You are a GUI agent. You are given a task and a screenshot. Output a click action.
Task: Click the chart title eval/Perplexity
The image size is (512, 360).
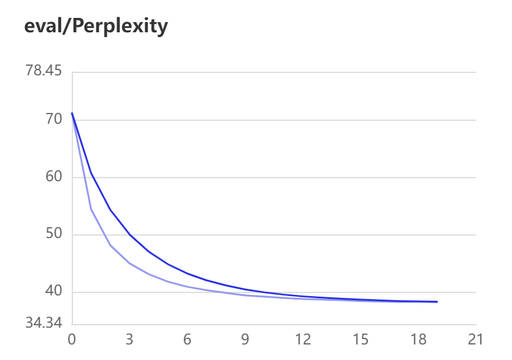(x=96, y=26)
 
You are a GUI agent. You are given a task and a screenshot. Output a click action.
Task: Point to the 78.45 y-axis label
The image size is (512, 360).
(x=44, y=71)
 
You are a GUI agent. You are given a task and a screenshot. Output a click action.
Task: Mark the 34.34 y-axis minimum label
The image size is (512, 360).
(x=44, y=324)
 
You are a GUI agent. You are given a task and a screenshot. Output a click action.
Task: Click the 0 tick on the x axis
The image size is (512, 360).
(x=72, y=340)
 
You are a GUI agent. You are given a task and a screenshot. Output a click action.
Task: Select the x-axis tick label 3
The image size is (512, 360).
(x=130, y=340)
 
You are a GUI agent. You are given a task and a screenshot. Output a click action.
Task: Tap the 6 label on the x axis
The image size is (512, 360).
(x=187, y=340)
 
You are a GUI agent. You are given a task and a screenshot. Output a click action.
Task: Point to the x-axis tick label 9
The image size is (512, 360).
(x=245, y=340)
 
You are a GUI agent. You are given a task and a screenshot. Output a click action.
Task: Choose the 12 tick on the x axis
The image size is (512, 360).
(x=303, y=340)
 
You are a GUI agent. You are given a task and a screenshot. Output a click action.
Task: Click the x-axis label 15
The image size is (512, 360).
(x=360, y=340)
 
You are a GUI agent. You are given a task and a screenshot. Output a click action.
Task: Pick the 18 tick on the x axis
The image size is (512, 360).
(x=418, y=340)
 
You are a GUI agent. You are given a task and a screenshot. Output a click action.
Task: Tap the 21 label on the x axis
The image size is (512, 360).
(x=476, y=340)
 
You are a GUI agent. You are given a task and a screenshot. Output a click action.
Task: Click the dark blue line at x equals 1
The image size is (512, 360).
(x=91, y=173)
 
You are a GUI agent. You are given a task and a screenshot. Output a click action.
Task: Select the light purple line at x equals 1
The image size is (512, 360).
(x=91, y=209)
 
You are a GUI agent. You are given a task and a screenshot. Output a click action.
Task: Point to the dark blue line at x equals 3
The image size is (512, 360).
(x=130, y=234)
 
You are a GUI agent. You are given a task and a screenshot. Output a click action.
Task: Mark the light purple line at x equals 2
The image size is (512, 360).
(x=110, y=245)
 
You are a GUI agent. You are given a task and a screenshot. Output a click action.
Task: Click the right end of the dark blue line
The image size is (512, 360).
(x=437, y=302)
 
